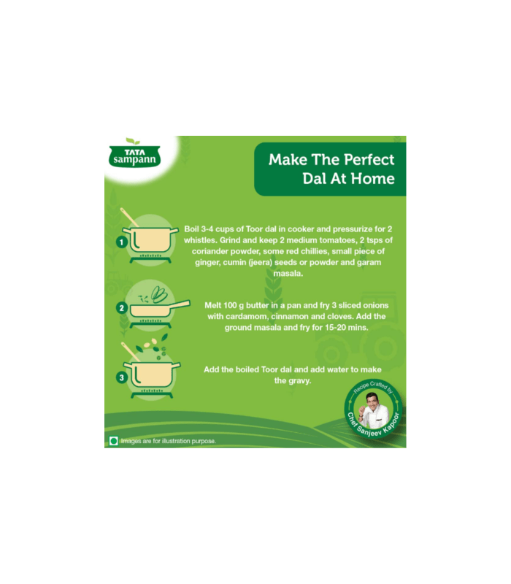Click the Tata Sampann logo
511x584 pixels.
pyautogui.click(x=134, y=155)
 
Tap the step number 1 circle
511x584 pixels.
pyautogui.click(x=121, y=242)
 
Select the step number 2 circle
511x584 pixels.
pyautogui.click(x=121, y=308)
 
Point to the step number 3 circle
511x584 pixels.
pyautogui.click(x=121, y=377)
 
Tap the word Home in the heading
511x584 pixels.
pyautogui.click(x=373, y=179)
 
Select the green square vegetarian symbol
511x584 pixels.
pyautogui.click(x=114, y=441)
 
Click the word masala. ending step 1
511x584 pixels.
pyautogui.click(x=288, y=274)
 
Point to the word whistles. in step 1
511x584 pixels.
pyautogui.click(x=200, y=240)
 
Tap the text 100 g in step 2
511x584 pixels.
pyautogui.click(x=234, y=305)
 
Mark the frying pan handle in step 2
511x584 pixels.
pyautogui.click(x=180, y=304)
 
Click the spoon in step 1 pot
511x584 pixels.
pyautogui.click(x=129, y=217)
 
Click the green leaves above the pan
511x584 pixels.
pyautogui.click(x=159, y=294)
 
